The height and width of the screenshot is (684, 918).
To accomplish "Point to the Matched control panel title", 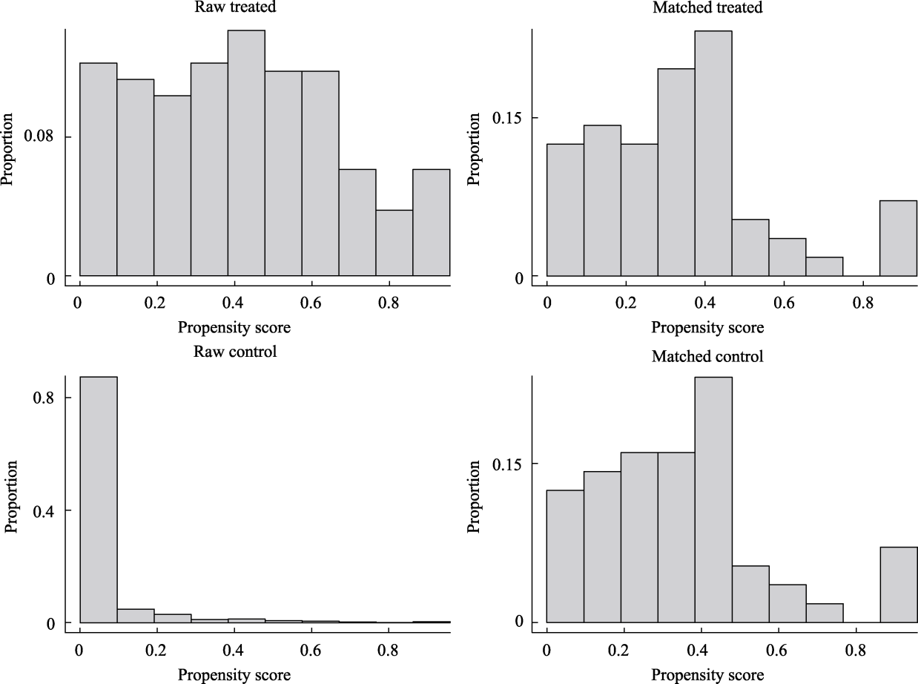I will [707, 356].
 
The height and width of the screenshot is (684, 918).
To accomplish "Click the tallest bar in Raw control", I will [98, 499].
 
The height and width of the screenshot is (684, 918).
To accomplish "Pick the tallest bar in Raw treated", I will [246, 152].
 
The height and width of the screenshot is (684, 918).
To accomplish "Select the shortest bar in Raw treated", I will [394, 243].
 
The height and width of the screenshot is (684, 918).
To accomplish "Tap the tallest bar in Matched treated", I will [713, 154].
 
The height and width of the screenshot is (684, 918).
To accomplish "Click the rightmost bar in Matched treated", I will [898, 238].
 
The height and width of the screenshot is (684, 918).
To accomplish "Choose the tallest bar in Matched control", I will [713, 499].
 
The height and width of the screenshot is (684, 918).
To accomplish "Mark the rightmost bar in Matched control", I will [898, 585].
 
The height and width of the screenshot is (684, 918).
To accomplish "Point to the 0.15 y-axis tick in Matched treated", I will [509, 118].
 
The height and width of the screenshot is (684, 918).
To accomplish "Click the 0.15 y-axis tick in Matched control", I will [509, 464].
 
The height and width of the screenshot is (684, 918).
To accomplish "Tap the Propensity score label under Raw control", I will [234, 674].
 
